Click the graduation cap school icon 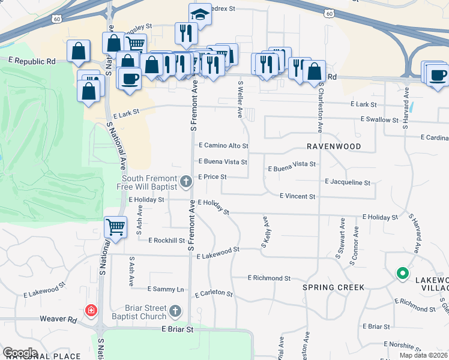click(x=200, y=14)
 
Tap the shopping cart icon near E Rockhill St click(x=115, y=227)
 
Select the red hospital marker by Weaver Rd click(x=91, y=311)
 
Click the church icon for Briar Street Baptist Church click(x=175, y=310)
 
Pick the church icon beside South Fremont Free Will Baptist click(x=186, y=181)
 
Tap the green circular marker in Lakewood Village click(x=402, y=274)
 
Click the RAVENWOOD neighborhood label click(x=334, y=146)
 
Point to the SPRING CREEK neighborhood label click(x=333, y=287)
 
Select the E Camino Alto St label click(x=223, y=146)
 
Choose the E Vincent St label click(x=298, y=196)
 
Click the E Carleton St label click(x=214, y=293)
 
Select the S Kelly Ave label click(x=264, y=233)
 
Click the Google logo click(x=20, y=353)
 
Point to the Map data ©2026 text click(x=423, y=355)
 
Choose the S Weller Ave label click(x=240, y=98)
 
